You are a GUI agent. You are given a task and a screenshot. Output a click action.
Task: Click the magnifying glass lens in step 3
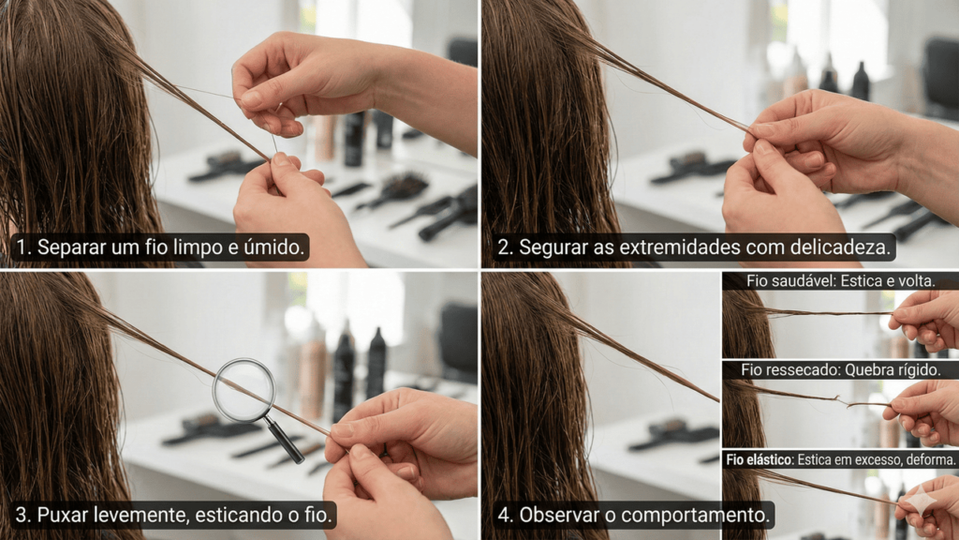click(244, 391)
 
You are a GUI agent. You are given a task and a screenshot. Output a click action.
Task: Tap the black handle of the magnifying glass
click(285, 441)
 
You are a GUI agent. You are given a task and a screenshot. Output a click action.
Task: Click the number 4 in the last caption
click(504, 516)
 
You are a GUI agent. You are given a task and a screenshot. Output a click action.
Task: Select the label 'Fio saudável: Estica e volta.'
click(840, 281)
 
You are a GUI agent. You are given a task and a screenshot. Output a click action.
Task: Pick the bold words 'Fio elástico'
click(759, 459)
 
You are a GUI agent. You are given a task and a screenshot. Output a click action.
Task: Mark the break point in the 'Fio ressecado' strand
click(843, 400)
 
